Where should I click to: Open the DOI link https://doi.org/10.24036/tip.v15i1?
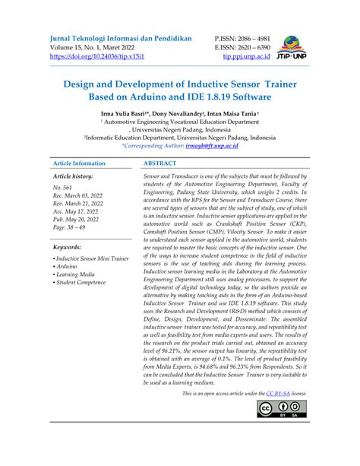(x=95, y=57)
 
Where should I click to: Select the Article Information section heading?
(x=79, y=163)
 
